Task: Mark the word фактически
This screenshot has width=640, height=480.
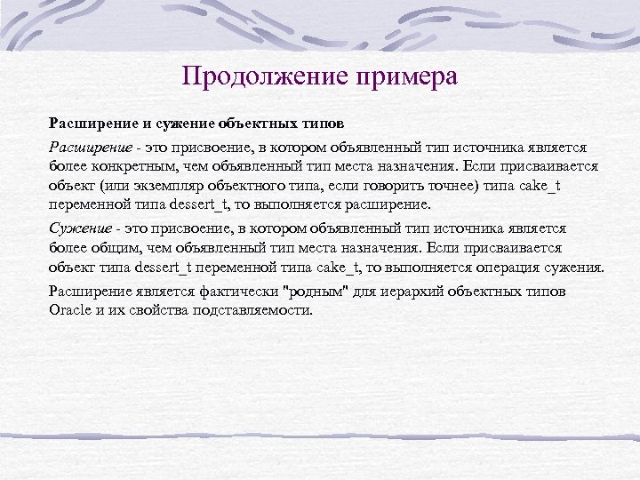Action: (214, 291)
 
